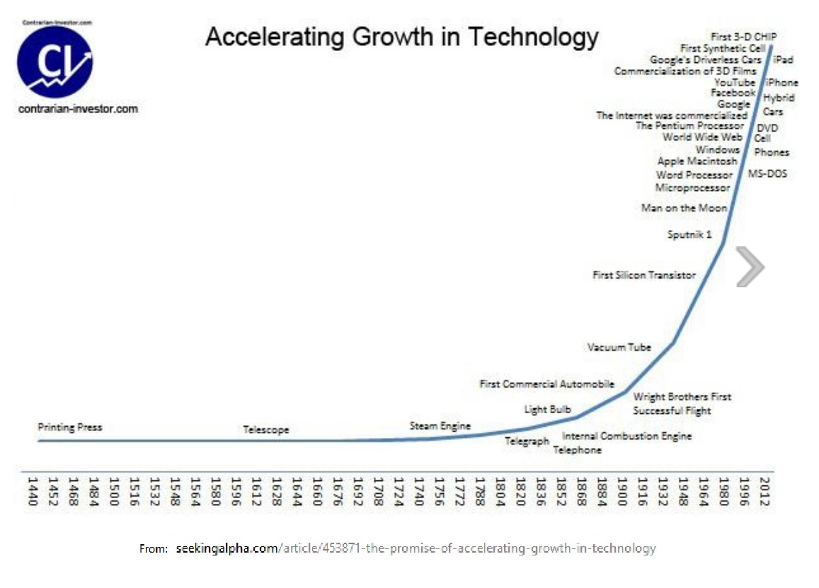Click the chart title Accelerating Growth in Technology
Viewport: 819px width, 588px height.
tap(401, 37)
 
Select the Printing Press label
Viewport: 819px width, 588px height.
tap(69, 427)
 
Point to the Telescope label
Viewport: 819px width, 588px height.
tap(266, 430)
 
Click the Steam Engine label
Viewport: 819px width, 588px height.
tap(440, 426)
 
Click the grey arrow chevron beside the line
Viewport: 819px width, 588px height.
tap(750, 267)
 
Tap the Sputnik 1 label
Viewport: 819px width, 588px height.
tap(689, 234)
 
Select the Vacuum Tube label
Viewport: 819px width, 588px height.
tap(619, 347)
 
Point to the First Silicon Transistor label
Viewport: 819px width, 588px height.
tap(643, 275)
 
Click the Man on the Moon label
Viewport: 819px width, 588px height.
tap(683, 208)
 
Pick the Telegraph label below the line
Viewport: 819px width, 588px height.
tap(527, 442)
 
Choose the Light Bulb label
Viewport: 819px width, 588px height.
tap(547, 409)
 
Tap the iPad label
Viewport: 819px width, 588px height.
tap(783, 60)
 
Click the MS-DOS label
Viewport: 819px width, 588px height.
tap(768, 173)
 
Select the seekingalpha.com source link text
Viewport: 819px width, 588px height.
tap(227, 548)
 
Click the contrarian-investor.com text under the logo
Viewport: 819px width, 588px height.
tap(78, 110)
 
